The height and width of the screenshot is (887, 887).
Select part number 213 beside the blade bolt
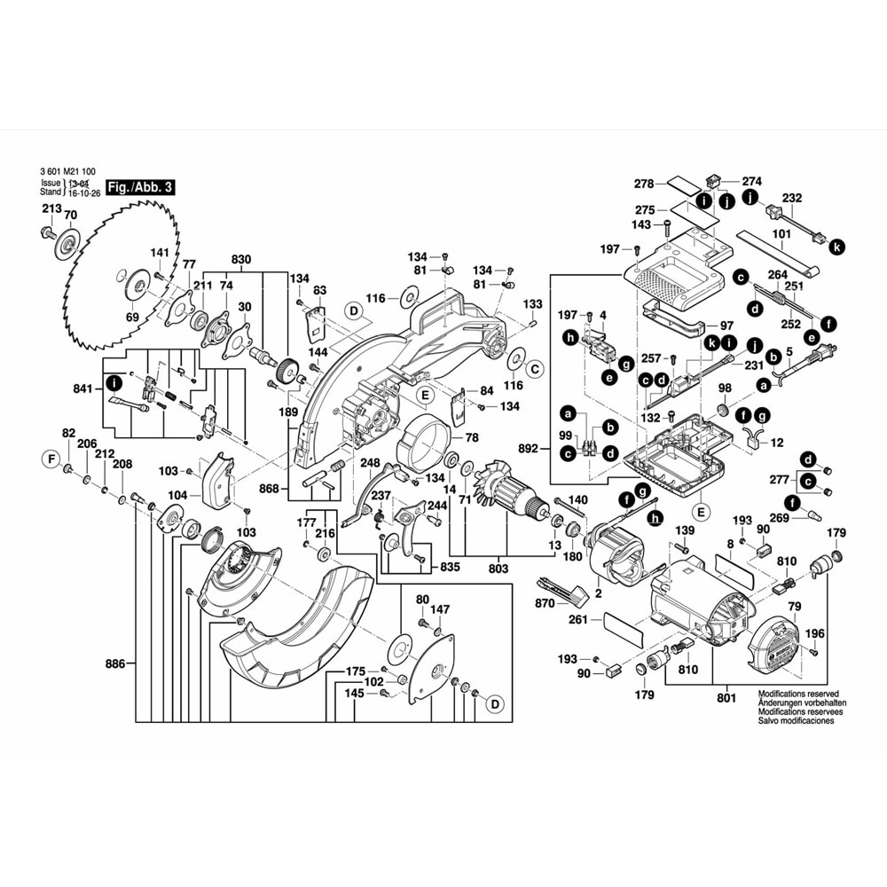click(x=51, y=208)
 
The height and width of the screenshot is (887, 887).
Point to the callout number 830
click(x=241, y=260)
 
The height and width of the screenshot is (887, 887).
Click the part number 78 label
click(x=471, y=437)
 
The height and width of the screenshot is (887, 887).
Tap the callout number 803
click(x=497, y=569)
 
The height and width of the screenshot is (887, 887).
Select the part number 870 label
click(x=545, y=603)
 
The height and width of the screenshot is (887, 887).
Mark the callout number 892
click(x=529, y=449)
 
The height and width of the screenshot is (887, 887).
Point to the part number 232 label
click(x=792, y=198)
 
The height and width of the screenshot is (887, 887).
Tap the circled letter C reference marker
click(x=534, y=367)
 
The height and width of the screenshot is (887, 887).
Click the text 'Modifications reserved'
click(x=797, y=694)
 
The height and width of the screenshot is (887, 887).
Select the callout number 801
click(x=726, y=698)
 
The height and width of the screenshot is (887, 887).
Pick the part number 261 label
click(x=578, y=620)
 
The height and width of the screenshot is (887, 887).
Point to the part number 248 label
click(x=369, y=463)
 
